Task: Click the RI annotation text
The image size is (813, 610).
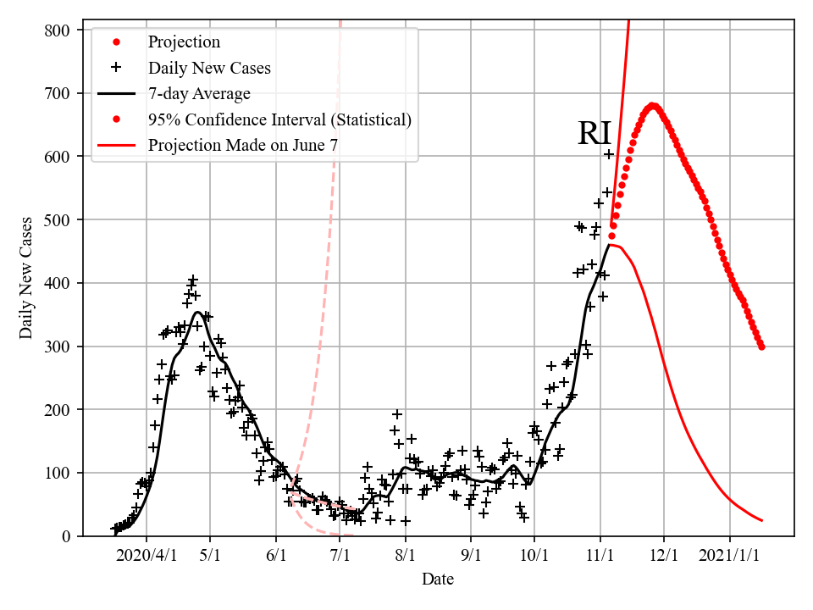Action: tap(595, 134)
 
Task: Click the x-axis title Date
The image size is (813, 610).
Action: tap(438, 579)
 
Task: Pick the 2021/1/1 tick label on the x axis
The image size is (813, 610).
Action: tap(729, 556)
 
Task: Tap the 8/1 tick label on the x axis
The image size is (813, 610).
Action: tap(406, 556)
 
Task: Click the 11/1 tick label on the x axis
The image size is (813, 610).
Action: tap(600, 556)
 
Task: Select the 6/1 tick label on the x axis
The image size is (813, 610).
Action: tap(276, 556)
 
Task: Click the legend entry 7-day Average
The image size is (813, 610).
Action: tap(199, 93)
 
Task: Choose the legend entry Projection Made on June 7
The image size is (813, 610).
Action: tap(243, 145)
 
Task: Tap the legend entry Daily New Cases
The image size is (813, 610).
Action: tap(209, 68)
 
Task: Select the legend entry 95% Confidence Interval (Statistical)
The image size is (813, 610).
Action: tap(279, 119)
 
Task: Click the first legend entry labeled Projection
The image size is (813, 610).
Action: tap(184, 42)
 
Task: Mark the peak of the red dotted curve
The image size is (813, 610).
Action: tap(653, 106)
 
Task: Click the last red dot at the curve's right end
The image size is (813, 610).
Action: tap(761, 347)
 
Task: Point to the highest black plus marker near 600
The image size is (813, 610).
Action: tap(608, 153)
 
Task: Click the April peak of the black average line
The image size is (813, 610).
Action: tap(198, 312)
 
